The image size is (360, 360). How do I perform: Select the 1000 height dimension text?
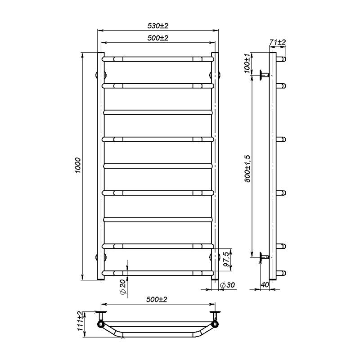tap(77, 166)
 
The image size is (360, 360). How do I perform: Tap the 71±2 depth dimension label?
tap(278, 42)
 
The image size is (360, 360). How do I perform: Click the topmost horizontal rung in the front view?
tap(157, 58)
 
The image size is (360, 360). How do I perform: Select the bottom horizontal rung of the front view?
tap(157, 273)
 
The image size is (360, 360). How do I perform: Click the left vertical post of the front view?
tap(101, 166)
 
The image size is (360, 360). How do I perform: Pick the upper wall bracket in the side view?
tap(264, 75)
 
